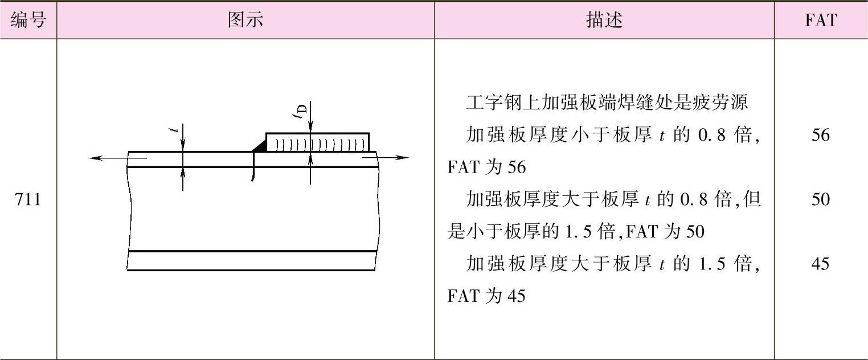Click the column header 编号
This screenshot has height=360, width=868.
click(28, 21)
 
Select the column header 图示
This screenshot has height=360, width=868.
click(245, 21)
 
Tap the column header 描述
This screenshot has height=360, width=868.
click(604, 21)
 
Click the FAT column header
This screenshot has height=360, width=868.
click(821, 21)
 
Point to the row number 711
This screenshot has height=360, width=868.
click(28, 201)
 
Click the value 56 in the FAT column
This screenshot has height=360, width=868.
click(821, 136)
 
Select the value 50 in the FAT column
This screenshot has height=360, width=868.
click(821, 200)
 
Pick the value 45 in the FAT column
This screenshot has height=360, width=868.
click(821, 264)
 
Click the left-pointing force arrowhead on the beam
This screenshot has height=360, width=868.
click(93, 158)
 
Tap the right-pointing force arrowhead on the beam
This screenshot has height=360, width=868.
click(404, 158)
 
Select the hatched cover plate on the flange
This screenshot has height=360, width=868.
click(317, 142)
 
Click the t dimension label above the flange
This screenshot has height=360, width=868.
click(178, 130)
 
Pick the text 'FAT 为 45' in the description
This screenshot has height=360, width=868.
click(486, 297)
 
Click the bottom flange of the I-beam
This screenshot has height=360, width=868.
click(252, 260)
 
